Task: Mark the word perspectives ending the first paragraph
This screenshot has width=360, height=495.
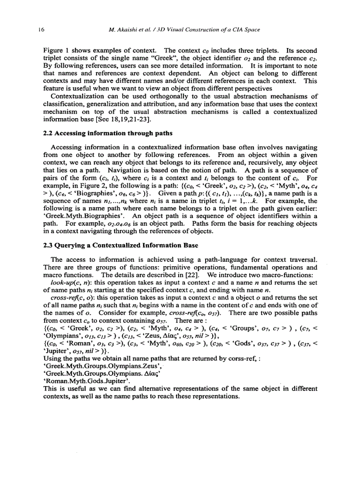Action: [238, 88]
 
